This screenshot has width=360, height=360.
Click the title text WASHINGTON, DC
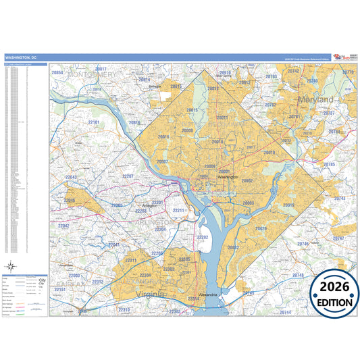[x=22, y=58]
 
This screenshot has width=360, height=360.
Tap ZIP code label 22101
[x=93, y=122]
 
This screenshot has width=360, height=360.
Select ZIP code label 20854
[x=57, y=72]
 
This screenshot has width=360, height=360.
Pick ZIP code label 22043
[x=70, y=178]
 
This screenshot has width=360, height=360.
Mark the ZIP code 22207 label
[x=128, y=176]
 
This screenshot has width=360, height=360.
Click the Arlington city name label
[x=150, y=205]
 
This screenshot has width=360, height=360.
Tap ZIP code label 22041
[x=114, y=245]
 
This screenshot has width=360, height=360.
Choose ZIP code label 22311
[x=130, y=261]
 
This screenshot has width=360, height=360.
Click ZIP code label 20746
[x=303, y=243]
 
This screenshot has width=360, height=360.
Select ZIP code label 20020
[x=261, y=228]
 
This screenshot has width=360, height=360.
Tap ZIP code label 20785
[x=329, y=164]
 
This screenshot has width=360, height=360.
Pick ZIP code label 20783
[x=271, y=77]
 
